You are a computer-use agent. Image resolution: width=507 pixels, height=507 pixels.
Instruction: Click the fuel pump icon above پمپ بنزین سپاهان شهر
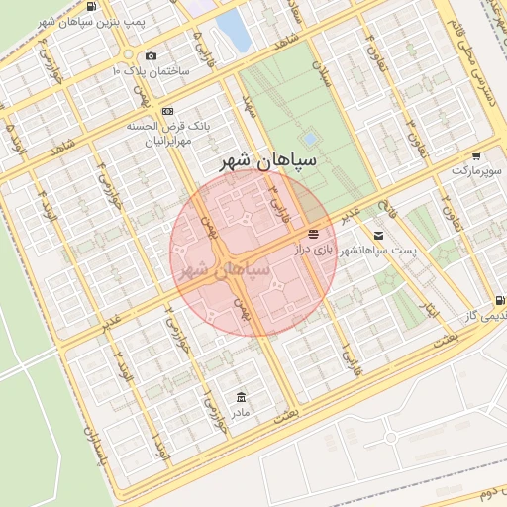[x=92, y=7]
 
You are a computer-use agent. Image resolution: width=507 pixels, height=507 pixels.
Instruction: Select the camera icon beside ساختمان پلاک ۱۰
[x=151, y=56]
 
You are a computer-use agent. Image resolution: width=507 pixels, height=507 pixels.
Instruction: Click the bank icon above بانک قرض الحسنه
[x=168, y=111]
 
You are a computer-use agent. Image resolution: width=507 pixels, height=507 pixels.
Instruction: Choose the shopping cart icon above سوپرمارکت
[x=476, y=156]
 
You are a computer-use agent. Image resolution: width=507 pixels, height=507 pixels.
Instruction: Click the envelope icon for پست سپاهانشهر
[x=378, y=235]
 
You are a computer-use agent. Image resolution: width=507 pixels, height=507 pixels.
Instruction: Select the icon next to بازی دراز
[x=314, y=235]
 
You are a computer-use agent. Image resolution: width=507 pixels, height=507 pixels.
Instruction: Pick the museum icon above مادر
[x=242, y=396]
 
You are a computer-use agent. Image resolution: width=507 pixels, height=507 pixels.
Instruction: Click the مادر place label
[x=242, y=411]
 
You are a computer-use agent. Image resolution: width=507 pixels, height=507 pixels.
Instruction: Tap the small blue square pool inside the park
[x=310, y=138]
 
